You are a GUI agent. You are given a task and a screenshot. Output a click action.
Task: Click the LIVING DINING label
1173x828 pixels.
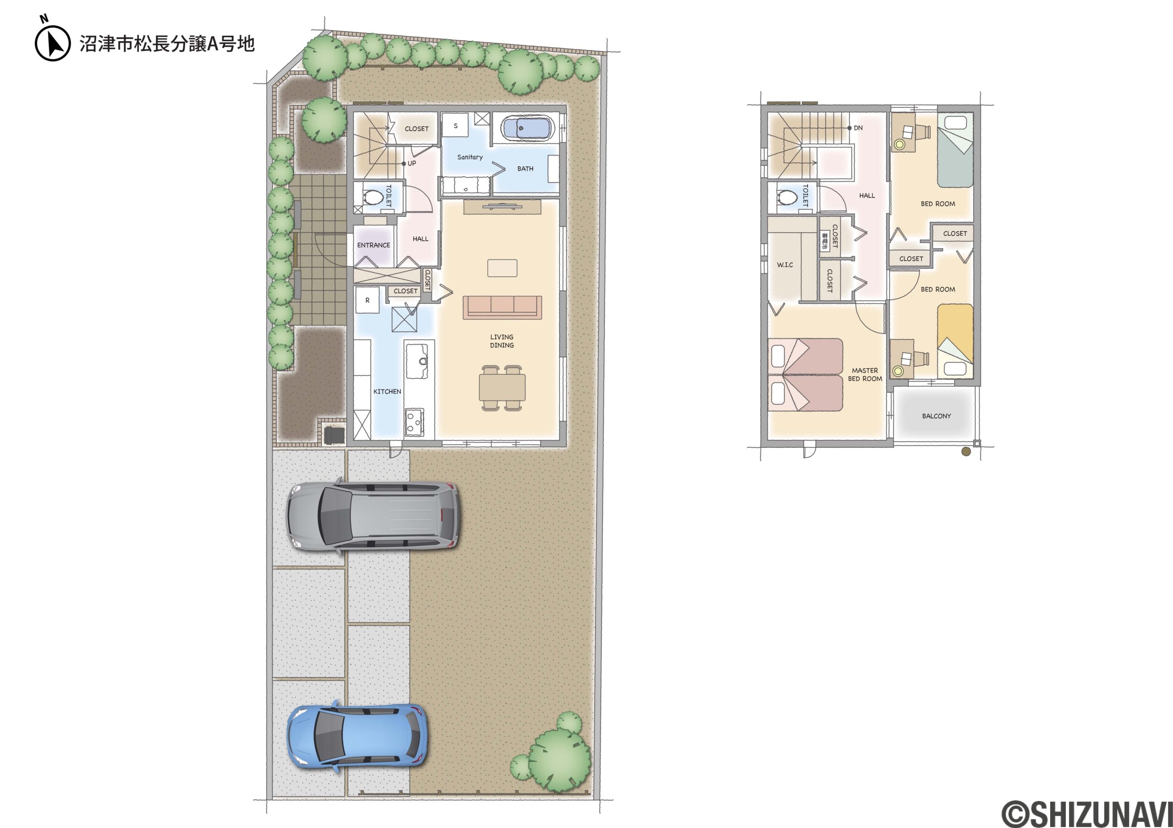click(502, 341)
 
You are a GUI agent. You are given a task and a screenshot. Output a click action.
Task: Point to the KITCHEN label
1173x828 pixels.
click(387, 392)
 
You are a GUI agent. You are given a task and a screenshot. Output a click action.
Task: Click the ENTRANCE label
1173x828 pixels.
click(373, 245)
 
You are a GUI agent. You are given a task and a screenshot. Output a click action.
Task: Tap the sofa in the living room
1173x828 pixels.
click(502, 307)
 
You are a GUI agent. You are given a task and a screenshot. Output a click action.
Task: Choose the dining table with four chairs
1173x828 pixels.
click(502, 388)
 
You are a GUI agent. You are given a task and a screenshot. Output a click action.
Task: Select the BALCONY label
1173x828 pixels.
click(937, 417)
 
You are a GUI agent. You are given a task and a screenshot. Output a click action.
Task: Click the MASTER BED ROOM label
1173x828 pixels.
click(865, 374)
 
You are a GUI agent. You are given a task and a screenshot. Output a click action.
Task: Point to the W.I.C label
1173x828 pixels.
click(785, 264)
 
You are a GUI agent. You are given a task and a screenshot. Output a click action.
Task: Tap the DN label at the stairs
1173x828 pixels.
click(858, 128)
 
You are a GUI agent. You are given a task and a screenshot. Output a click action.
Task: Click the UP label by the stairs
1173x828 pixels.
click(412, 164)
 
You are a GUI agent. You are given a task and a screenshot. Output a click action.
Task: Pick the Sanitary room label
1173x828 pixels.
click(470, 157)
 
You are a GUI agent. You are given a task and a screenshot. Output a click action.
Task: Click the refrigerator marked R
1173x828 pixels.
click(367, 300)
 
